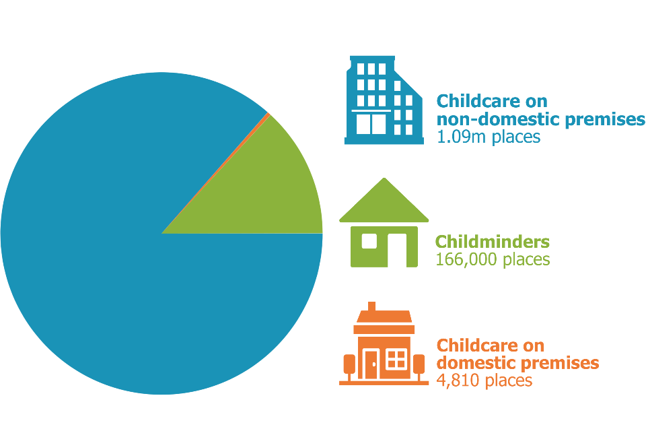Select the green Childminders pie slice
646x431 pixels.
(268, 194)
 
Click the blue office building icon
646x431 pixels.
(384, 100)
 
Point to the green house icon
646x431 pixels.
(384, 223)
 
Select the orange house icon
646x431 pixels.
(384, 343)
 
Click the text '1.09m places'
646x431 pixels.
(489, 137)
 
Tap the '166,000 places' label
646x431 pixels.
(493, 259)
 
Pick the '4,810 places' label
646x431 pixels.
(484, 380)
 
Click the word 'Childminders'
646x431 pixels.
(493, 242)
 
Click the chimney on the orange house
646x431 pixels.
(371, 306)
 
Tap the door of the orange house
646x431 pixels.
(371, 364)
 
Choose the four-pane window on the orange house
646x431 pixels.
(396, 358)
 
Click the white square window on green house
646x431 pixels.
(369, 241)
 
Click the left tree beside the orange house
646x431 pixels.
(349, 368)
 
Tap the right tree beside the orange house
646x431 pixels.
(419, 368)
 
